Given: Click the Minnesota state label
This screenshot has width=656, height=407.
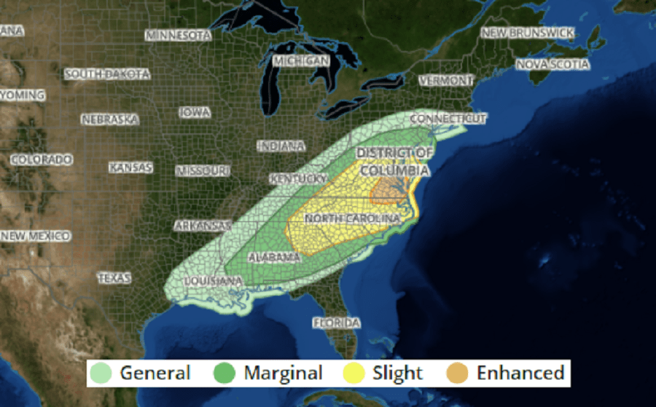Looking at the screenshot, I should coord(179,35).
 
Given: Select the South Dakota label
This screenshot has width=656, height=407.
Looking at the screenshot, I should coord(107,74).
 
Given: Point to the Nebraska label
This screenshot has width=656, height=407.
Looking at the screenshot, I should coord(109,119).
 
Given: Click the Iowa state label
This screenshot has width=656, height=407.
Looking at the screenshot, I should coord(195,113).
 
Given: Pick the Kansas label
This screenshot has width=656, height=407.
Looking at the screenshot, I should coord(131,167).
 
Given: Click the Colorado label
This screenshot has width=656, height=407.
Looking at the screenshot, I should coord(42,159).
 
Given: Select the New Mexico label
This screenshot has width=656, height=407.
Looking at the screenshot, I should coord(36,236).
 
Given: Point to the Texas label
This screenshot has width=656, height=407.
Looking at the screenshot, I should coord(114,278).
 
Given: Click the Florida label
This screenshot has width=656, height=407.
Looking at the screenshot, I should coord(336,322).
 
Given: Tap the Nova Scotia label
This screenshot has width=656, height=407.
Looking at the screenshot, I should coord(552,65).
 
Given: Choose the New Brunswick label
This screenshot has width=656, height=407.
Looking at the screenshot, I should coord(528,33).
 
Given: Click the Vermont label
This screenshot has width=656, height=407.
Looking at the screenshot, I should coord(445,80).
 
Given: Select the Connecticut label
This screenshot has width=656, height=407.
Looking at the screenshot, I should coord(448,119).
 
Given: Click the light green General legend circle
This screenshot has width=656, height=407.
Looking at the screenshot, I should coord(104,374).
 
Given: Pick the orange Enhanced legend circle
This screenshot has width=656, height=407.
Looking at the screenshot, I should coord(457,374).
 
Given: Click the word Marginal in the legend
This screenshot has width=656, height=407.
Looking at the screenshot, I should coord(283,374).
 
